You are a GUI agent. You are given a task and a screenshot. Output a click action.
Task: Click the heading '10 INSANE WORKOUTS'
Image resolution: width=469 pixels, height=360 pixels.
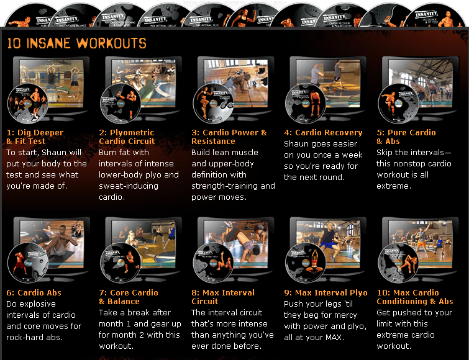pyautogui.click(x=76, y=43)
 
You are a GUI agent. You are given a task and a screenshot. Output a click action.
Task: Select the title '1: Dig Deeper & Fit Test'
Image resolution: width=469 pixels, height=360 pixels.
pyautogui.click(x=35, y=137)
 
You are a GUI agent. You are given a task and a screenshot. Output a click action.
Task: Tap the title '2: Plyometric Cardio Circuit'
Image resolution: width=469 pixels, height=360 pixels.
pyautogui.click(x=127, y=137)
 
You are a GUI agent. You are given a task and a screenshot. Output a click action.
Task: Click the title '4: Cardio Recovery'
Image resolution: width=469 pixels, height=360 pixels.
pyautogui.click(x=323, y=132)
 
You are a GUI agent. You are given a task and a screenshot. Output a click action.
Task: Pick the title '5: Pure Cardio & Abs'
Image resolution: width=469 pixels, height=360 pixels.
pyautogui.click(x=406, y=137)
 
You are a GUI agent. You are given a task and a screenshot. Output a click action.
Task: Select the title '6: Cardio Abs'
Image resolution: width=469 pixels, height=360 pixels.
pyautogui.click(x=34, y=292)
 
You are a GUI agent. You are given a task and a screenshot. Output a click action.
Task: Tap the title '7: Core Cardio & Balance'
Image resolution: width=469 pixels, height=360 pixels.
pyautogui.click(x=129, y=297)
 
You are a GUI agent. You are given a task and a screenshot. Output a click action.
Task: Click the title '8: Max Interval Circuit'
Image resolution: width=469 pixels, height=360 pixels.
pyautogui.click(x=223, y=297)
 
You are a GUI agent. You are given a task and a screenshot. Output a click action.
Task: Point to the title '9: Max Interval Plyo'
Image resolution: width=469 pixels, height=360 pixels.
pyautogui.click(x=326, y=292)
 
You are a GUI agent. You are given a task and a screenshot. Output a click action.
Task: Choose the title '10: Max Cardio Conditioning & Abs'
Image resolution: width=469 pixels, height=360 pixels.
pyautogui.click(x=415, y=297)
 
